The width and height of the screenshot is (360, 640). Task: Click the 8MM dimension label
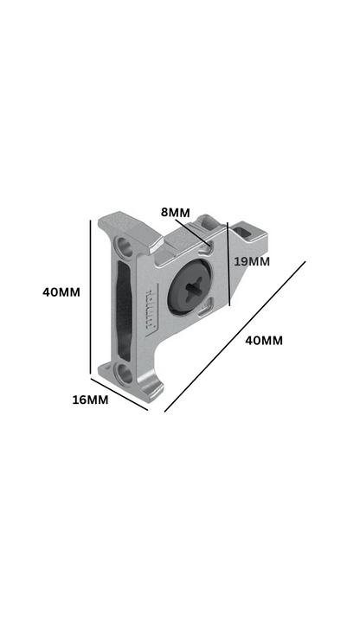pos(176,212)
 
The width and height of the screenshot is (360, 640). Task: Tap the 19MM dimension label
pos(252,260)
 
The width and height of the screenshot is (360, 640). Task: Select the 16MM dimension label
pos(91,400)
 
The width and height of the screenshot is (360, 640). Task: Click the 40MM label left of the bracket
pos(61,291)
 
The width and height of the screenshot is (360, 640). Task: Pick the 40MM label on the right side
pos(264,340)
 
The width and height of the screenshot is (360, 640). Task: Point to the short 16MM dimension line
pos(119,394)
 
